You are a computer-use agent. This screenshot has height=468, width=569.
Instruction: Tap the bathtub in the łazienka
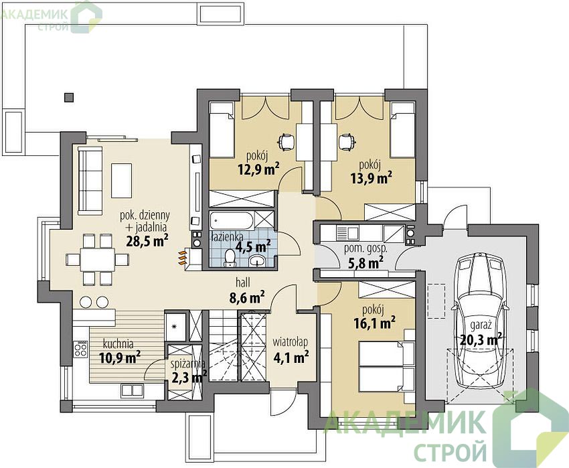tap(232, 221)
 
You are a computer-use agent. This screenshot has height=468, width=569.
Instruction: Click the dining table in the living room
tap(97, 259)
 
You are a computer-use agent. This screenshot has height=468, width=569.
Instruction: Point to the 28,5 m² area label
tap(147, 240)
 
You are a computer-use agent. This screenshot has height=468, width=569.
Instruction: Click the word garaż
tap(481, 325)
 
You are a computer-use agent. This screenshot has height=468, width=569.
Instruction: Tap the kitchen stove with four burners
tap(80, 349)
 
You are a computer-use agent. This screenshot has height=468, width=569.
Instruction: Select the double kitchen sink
tap(132, 390)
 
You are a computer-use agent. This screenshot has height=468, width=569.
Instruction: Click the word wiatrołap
tap(291, 342)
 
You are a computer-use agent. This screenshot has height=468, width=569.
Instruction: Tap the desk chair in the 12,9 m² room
tap(287, 141)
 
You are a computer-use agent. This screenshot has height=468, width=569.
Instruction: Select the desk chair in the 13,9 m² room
tap(346, 141)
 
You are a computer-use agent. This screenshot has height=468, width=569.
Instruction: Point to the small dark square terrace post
tap(68, 97)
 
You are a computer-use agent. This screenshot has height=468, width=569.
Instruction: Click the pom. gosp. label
tap(365, 250)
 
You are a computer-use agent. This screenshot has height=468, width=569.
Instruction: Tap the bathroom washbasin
tap(258, 260)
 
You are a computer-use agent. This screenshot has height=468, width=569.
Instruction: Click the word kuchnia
tap(118, 343)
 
